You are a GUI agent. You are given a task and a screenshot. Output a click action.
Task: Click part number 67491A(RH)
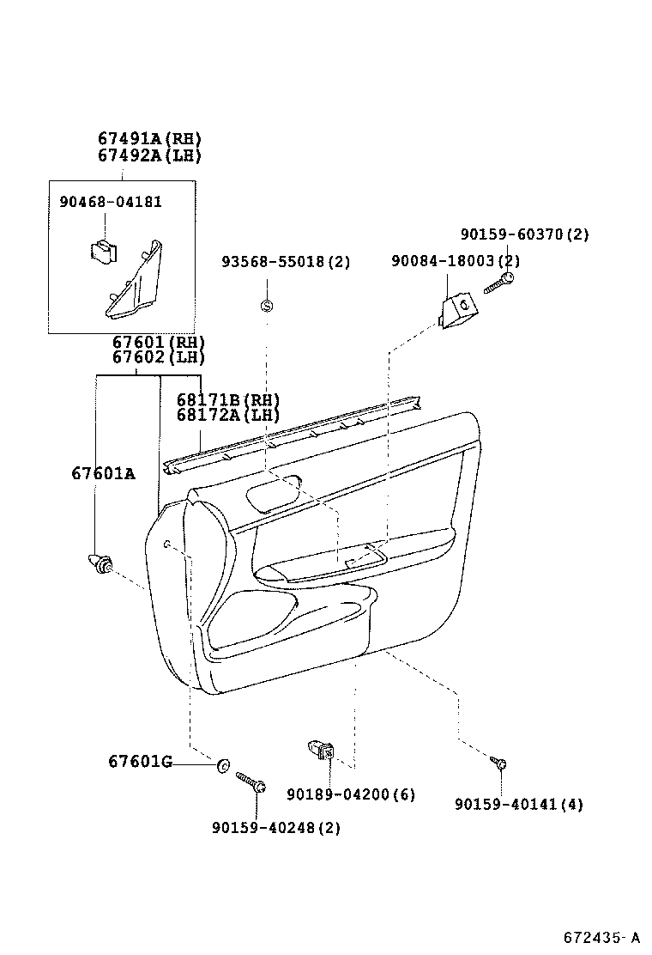149,139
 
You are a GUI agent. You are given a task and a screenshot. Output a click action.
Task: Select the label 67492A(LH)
149,155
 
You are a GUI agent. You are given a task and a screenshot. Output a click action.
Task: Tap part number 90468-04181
111,202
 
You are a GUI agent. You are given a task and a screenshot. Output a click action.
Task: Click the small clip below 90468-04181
103,250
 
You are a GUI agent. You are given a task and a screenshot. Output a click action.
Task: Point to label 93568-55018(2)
286,262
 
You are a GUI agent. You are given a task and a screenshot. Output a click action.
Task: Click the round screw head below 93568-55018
266,307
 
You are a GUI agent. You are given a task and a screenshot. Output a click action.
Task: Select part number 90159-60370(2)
524,234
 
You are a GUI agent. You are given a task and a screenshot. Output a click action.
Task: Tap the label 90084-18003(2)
455,261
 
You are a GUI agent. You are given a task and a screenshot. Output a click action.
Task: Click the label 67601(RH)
159,342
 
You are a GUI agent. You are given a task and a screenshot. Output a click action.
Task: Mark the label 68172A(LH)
228,416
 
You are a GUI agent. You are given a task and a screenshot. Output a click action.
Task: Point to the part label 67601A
103,473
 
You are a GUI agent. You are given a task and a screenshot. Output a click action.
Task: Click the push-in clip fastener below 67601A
101,565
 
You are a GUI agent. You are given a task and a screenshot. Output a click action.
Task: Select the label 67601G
140,761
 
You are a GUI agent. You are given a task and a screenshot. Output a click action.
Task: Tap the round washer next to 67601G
224,765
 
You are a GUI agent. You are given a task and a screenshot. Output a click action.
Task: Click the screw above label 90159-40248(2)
250,782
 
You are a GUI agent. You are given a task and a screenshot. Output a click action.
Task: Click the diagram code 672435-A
601,936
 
